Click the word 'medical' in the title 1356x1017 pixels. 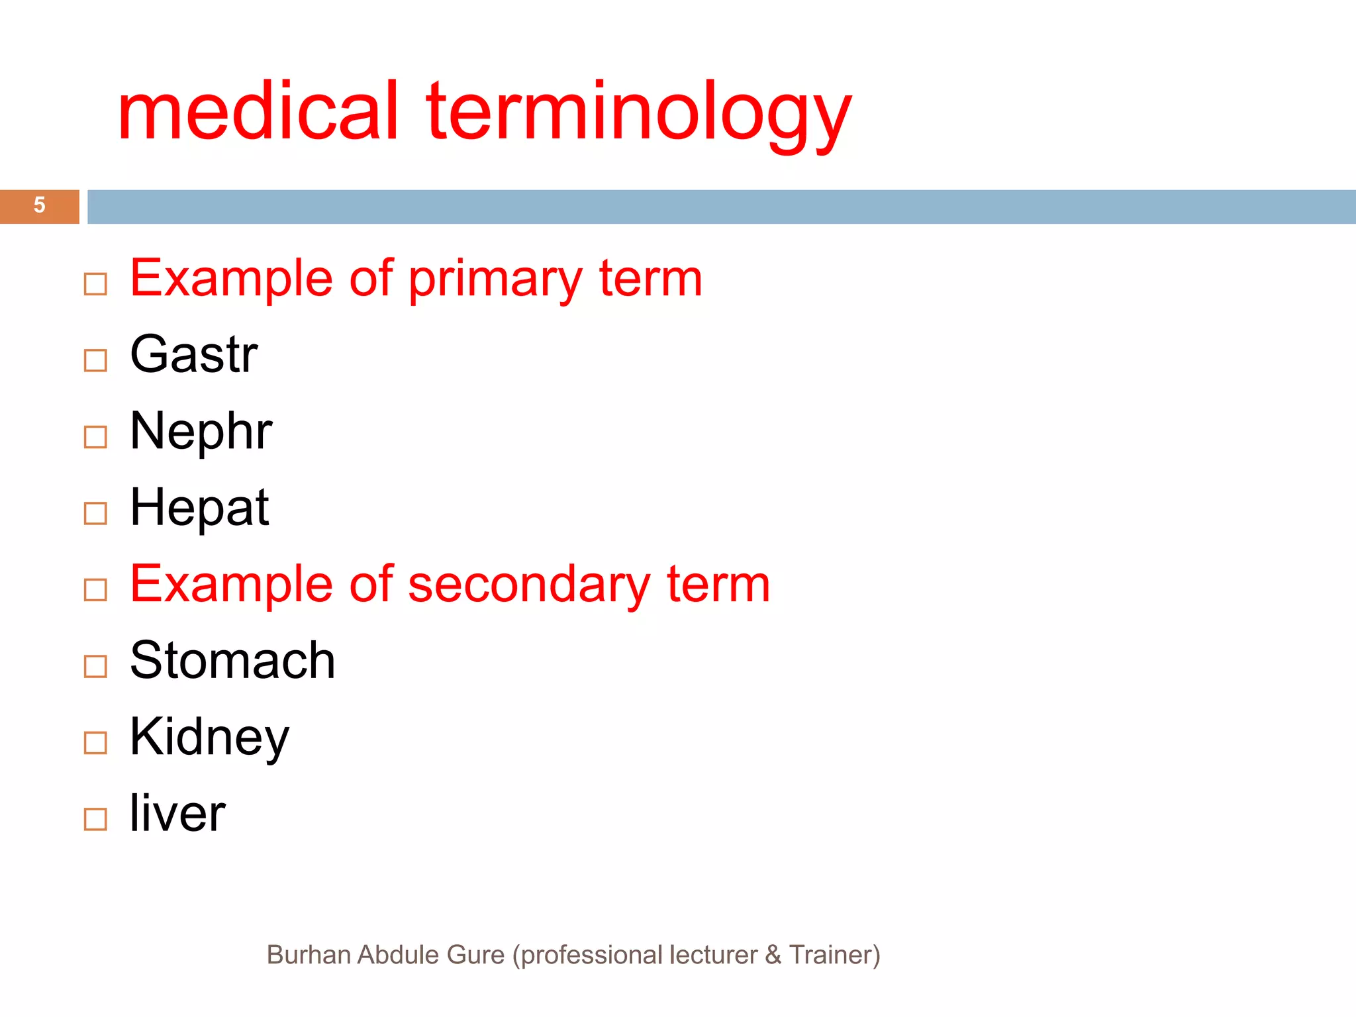258,111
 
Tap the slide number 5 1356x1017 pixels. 40,205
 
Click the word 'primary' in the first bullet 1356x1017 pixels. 495,279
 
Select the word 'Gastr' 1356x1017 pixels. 193,354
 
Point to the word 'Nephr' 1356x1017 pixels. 201,431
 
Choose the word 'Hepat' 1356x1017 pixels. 199,507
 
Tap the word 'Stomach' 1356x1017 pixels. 232,660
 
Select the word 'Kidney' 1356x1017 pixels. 209,737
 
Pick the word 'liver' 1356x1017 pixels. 177,813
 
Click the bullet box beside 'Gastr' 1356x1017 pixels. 95,360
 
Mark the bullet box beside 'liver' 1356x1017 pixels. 95,819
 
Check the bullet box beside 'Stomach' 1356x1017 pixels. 95,666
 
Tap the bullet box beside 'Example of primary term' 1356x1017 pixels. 95,284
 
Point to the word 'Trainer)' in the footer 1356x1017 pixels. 834,955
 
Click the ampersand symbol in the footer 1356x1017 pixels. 773,955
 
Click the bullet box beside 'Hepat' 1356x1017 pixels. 95,513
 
